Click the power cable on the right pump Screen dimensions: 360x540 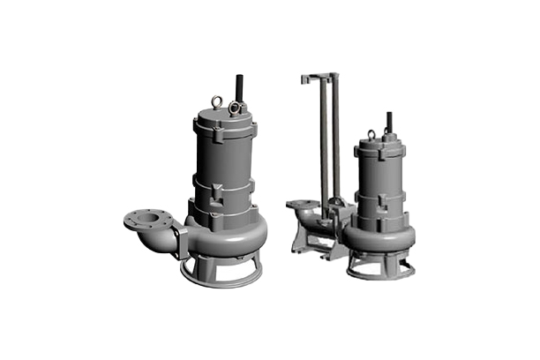tap(387, 122)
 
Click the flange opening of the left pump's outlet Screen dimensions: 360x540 tap(141, 219)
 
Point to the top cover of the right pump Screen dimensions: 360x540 tap(381, 145)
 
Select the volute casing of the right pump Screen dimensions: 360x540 tap(381, 234)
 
